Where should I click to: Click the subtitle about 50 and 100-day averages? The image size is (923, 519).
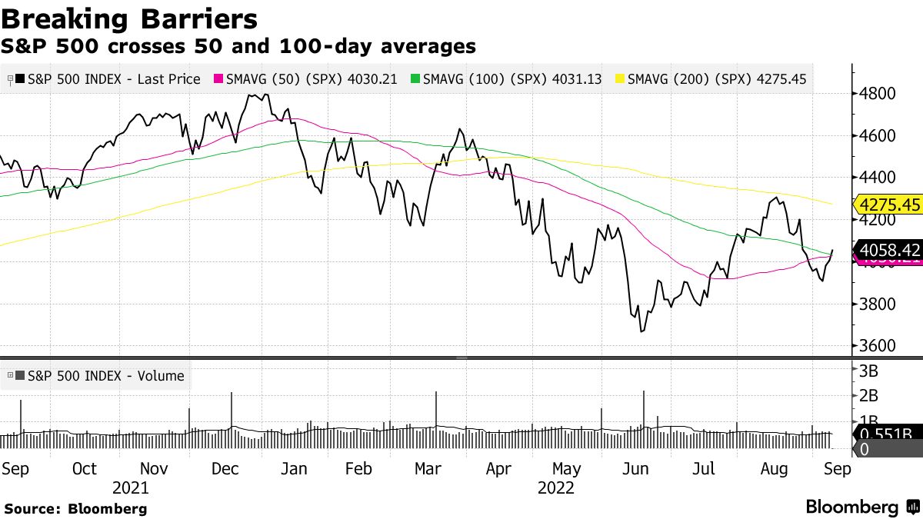[238, 46]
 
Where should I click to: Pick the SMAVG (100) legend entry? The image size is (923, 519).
[506, 79]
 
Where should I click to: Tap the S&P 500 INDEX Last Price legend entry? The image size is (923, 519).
[108, 79]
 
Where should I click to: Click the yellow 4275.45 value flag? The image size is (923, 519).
[888, 205]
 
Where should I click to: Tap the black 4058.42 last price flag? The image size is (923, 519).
[888, 249]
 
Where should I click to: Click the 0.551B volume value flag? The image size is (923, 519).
[886, 433]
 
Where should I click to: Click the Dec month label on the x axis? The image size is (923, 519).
[225, 469]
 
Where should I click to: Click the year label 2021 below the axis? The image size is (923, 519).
[131, 488]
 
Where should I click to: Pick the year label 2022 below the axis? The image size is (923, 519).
[555, 488]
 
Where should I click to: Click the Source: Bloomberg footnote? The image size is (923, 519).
[75, 508]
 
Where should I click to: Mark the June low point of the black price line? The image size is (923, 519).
[641, 331]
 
